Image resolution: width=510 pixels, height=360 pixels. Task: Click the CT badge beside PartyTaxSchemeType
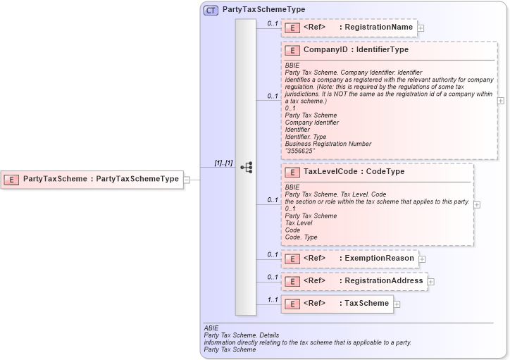[211, 11]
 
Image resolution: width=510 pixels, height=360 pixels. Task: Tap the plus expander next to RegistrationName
[421, 28]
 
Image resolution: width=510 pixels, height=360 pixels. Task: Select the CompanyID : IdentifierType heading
[356, 50]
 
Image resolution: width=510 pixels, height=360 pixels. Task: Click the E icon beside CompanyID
[292, 51]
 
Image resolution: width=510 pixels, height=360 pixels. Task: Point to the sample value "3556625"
[300, 151]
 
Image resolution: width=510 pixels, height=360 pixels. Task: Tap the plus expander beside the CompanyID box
[501, 101]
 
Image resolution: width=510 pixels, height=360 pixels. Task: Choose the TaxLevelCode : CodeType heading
[354, 171]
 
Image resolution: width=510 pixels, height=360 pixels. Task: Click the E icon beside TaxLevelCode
[292, 172]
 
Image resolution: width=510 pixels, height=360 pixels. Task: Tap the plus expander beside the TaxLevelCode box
[477, 204]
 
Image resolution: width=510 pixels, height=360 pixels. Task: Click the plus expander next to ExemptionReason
[423, 259]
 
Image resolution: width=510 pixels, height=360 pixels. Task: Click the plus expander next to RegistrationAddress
[431, 282]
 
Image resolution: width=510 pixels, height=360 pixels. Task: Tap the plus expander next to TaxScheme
[397, 304]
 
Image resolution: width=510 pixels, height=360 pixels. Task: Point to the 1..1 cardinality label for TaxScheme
[272, 300]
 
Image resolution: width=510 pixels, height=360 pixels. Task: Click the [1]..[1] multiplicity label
[224, 163]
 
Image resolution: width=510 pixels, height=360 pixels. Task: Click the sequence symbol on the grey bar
[246, 168]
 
